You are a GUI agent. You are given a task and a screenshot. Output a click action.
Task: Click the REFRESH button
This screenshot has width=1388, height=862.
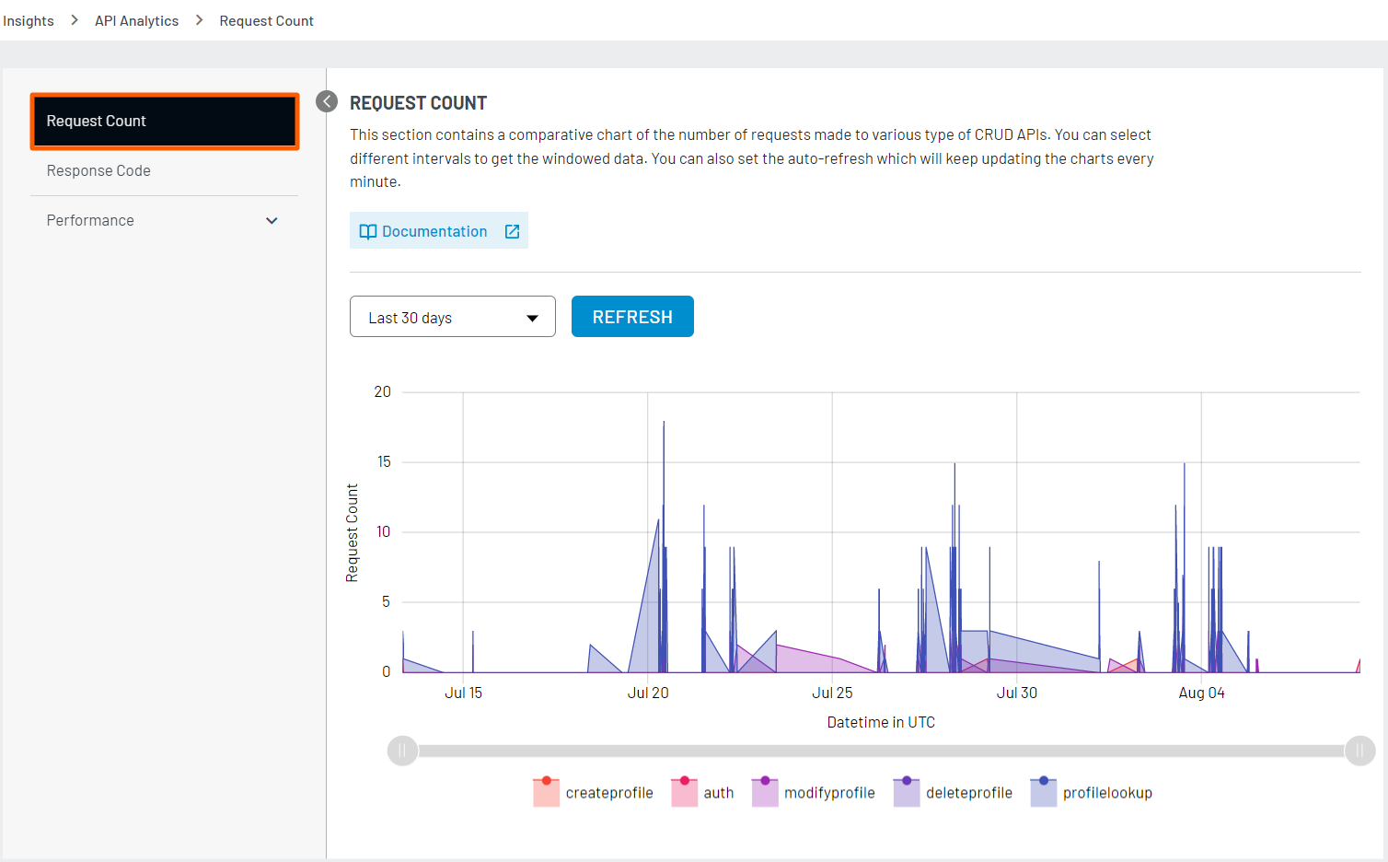(632, 317)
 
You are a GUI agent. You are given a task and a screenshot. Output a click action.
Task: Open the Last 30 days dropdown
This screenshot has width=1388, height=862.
(452, 317)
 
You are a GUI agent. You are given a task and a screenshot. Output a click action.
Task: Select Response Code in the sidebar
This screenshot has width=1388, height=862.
(98, 170)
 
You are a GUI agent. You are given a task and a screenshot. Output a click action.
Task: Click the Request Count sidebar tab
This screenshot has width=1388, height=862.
(164, 122)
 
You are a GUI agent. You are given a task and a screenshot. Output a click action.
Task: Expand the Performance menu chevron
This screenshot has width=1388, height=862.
(272, 221)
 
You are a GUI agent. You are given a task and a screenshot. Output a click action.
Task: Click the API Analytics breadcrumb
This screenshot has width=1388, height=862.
(136, 20)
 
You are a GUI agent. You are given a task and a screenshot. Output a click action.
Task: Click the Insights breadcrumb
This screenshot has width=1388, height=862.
(29, 20)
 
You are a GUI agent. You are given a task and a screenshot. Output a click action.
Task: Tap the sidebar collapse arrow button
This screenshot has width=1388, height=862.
(327, 101)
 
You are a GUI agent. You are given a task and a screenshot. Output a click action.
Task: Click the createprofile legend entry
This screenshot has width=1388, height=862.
(594, 793)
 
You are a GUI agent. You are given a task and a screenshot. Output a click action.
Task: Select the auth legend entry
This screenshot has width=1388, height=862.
(703, 793)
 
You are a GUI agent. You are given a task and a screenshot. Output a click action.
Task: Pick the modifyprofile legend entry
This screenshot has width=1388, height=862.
(814, 793)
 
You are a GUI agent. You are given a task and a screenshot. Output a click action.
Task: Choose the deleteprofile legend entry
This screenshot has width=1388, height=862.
(954, 793)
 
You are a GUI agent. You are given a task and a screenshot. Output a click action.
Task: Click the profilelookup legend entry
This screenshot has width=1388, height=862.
(1092, 793)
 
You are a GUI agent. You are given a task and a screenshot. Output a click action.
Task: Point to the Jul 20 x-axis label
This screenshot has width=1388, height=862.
(648, 693)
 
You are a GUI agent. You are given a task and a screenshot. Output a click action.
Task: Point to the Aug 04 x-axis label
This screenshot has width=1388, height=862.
(1201, 693)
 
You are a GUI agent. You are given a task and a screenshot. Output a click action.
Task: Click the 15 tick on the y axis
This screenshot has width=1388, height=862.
(384, 461)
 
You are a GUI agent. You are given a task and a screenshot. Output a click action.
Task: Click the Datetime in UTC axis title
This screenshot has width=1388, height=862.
(881, 722)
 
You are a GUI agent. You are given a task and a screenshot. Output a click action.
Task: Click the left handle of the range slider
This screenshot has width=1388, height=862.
(402, 751)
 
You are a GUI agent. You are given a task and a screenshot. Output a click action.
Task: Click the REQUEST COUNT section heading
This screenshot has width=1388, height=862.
(418, 103)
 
